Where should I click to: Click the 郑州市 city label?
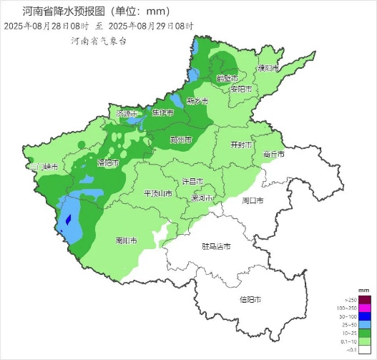tap(181, 140)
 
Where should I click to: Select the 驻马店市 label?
tap(216, 247)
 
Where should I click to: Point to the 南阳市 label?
tap(127, 241)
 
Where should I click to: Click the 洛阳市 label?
tap(108, 162)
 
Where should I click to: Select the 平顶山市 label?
tap(158, 193)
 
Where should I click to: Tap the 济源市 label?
tap(127, 114)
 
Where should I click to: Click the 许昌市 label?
tap(194, 181)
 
